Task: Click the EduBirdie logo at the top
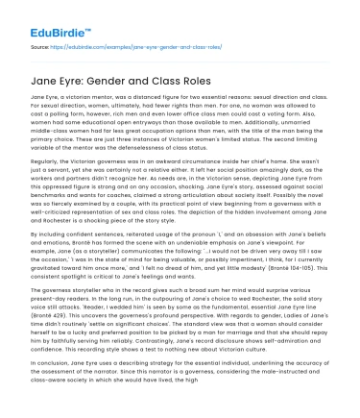(45, 19)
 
